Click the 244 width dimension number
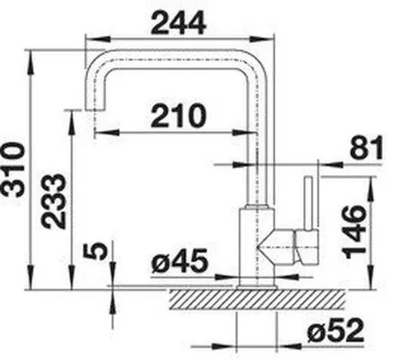tap(179, 23)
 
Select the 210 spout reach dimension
tap(178, 116)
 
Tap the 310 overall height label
tap(13, 170)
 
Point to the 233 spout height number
tap(53, 201)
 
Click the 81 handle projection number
tap(366, 148)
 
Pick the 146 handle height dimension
tap(355, 232)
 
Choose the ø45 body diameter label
tap(180, 261)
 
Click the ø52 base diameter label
tap(335, 330)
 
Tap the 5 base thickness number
tap(96, 251)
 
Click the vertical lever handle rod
tap(309, 204)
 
